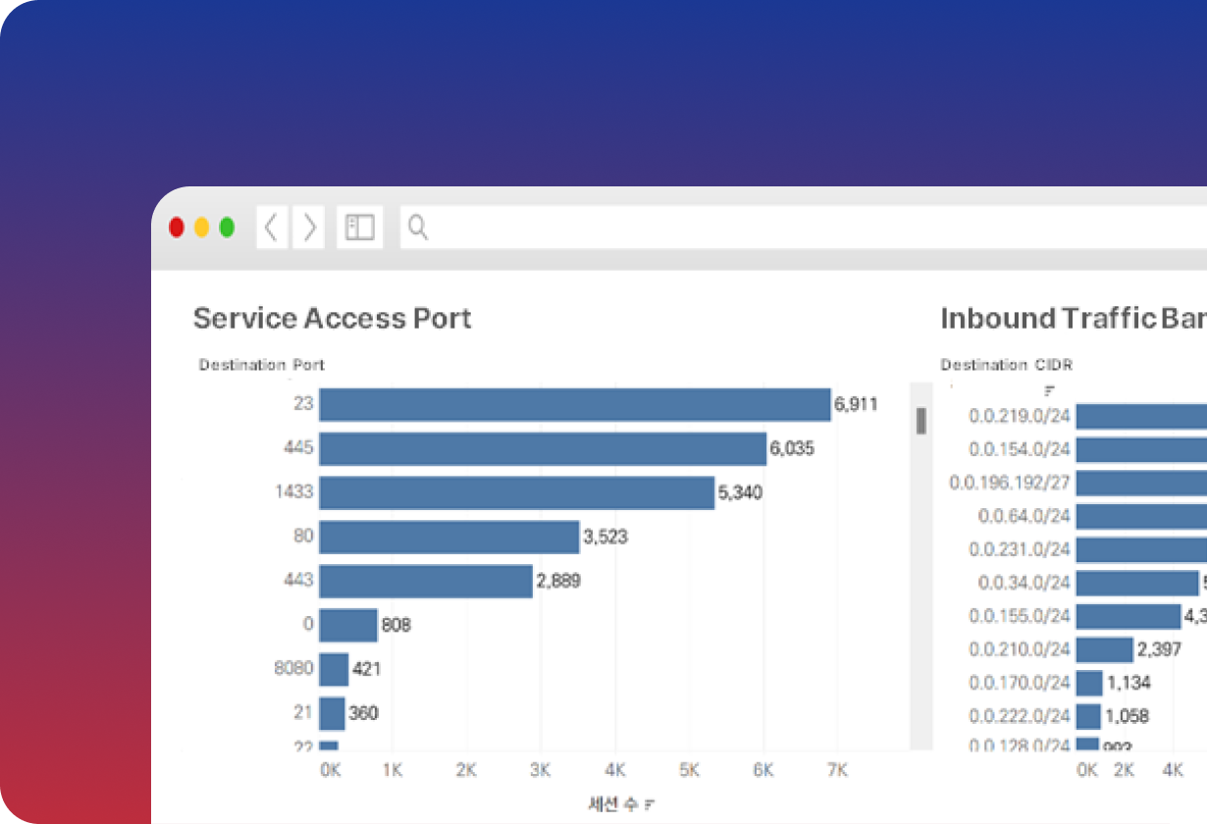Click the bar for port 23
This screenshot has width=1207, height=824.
[x=574, y=404]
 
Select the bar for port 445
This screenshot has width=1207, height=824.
[x=542, y=448]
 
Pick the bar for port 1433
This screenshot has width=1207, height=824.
[x=516, y=492]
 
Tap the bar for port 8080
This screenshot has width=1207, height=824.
[x=334, y=669]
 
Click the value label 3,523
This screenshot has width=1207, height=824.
[x=604, y=537]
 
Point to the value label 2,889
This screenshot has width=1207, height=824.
[x=557, y=581]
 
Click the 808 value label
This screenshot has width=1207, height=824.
[x=395, y=625]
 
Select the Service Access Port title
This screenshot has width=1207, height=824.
[x=332, y=318]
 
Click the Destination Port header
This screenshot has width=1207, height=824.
[x=261, y=365]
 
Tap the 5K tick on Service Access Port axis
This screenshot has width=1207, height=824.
[x=689, y=771]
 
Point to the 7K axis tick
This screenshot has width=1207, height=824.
[x=837, y=771]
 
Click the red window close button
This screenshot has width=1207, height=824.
[x=177, y=228]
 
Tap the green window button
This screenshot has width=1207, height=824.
[x=227, y=228]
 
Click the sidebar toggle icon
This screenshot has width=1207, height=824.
[x=360, y=228]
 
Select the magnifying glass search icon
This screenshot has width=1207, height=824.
[x=418, y=228]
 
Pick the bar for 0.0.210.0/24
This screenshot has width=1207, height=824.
[x=1104, y=649]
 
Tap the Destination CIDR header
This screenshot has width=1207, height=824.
[x=1006, y=365]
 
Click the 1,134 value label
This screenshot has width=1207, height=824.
[x=1128, y=683]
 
